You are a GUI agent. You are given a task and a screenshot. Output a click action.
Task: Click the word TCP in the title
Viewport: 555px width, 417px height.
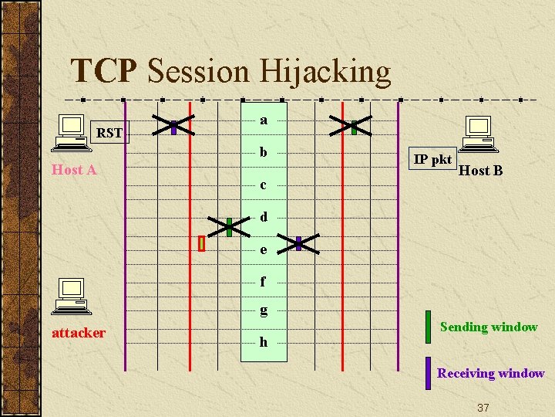(104, 71)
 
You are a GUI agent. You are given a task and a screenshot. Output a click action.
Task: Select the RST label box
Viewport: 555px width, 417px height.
(109, 133)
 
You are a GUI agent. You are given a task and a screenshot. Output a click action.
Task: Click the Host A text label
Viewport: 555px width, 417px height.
(74, 170)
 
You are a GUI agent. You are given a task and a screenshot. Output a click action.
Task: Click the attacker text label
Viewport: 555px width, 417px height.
(78, 333)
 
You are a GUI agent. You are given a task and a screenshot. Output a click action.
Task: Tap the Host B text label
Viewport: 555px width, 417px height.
(480, 171)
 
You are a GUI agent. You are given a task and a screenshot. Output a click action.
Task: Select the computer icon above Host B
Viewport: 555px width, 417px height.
(478, 134)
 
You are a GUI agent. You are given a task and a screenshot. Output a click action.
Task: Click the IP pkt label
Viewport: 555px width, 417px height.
(432, 159)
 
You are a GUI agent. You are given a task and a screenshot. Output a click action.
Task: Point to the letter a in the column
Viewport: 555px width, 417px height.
(264, 120)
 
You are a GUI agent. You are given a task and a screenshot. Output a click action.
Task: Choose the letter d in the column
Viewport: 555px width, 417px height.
(264, 217)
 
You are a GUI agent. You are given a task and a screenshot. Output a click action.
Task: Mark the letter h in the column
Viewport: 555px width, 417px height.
(264, 341)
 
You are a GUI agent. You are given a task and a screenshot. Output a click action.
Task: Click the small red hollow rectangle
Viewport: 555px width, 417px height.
(201, 243)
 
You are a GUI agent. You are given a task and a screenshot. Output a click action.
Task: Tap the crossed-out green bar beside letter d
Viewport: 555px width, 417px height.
(229, 226)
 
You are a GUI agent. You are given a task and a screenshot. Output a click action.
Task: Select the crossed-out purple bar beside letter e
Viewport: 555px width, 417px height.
(298, 243)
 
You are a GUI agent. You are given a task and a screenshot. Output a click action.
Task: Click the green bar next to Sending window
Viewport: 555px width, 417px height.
(428, 327)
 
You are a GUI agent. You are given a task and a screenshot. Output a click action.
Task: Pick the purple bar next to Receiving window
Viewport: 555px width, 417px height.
(428, 373)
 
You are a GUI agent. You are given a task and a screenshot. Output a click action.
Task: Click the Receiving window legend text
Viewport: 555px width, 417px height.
(490, 373)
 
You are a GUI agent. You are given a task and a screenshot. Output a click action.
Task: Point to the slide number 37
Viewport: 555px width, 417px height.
(483, 407)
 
